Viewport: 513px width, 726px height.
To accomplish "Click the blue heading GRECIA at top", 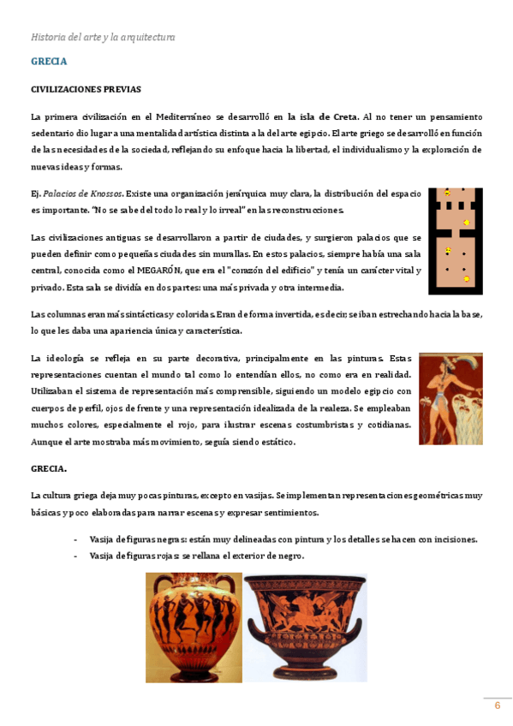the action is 49,62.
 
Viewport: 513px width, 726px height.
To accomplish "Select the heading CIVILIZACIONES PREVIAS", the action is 86,89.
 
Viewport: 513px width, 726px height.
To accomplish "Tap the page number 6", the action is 497,705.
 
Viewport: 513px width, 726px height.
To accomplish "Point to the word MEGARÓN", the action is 161,271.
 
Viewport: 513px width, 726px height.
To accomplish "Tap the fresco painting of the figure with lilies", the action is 450,398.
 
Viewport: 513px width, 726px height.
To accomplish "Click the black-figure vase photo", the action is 193,627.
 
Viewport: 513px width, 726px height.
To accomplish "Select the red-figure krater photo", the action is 305,627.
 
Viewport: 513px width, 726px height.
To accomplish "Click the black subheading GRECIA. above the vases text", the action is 49,469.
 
